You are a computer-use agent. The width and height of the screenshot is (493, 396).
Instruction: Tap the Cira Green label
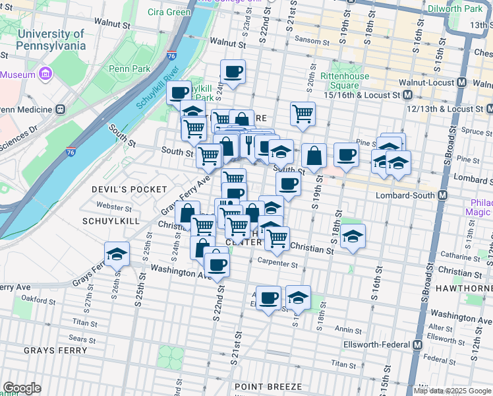[169, 12]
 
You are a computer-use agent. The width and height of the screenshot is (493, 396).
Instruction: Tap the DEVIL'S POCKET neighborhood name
[129, 189]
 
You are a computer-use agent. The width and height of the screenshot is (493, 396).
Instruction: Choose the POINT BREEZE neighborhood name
[270, 386]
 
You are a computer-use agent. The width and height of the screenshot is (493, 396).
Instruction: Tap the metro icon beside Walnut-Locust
[461, 83]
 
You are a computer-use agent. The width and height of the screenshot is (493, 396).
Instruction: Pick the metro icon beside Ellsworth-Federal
[418, 345]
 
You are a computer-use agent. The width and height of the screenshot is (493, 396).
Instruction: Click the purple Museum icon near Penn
[45, 74]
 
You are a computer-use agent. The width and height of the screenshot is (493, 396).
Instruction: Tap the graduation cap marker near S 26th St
[117, 253]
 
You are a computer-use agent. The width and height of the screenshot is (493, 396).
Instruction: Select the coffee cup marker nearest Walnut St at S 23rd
[232, 71]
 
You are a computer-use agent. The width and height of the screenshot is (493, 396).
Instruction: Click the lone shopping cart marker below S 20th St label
[303, 113]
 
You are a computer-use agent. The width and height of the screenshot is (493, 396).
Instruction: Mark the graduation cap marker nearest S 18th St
[353, 236]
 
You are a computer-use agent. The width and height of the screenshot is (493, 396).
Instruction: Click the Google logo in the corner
[22, 388]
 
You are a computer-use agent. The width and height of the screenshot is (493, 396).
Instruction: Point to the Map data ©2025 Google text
[451, 391]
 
